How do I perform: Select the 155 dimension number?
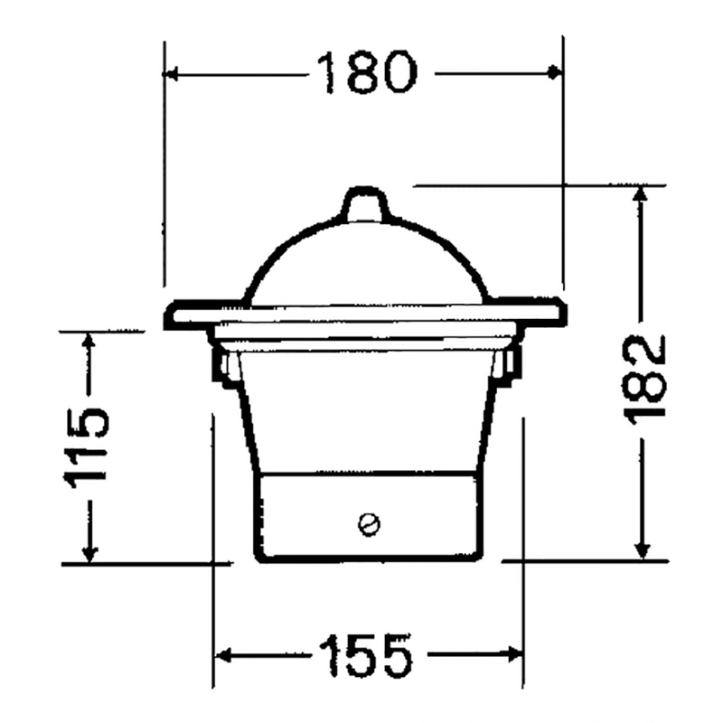point(365,655)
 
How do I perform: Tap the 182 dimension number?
point(644,376)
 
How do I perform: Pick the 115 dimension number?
point(88,447)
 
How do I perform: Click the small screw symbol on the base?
point(369,524)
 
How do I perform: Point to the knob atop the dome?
point(365,203)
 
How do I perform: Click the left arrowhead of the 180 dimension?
point(171,73)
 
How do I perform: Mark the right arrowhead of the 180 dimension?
point(555,72)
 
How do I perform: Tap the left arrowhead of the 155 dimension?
point(223,655)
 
